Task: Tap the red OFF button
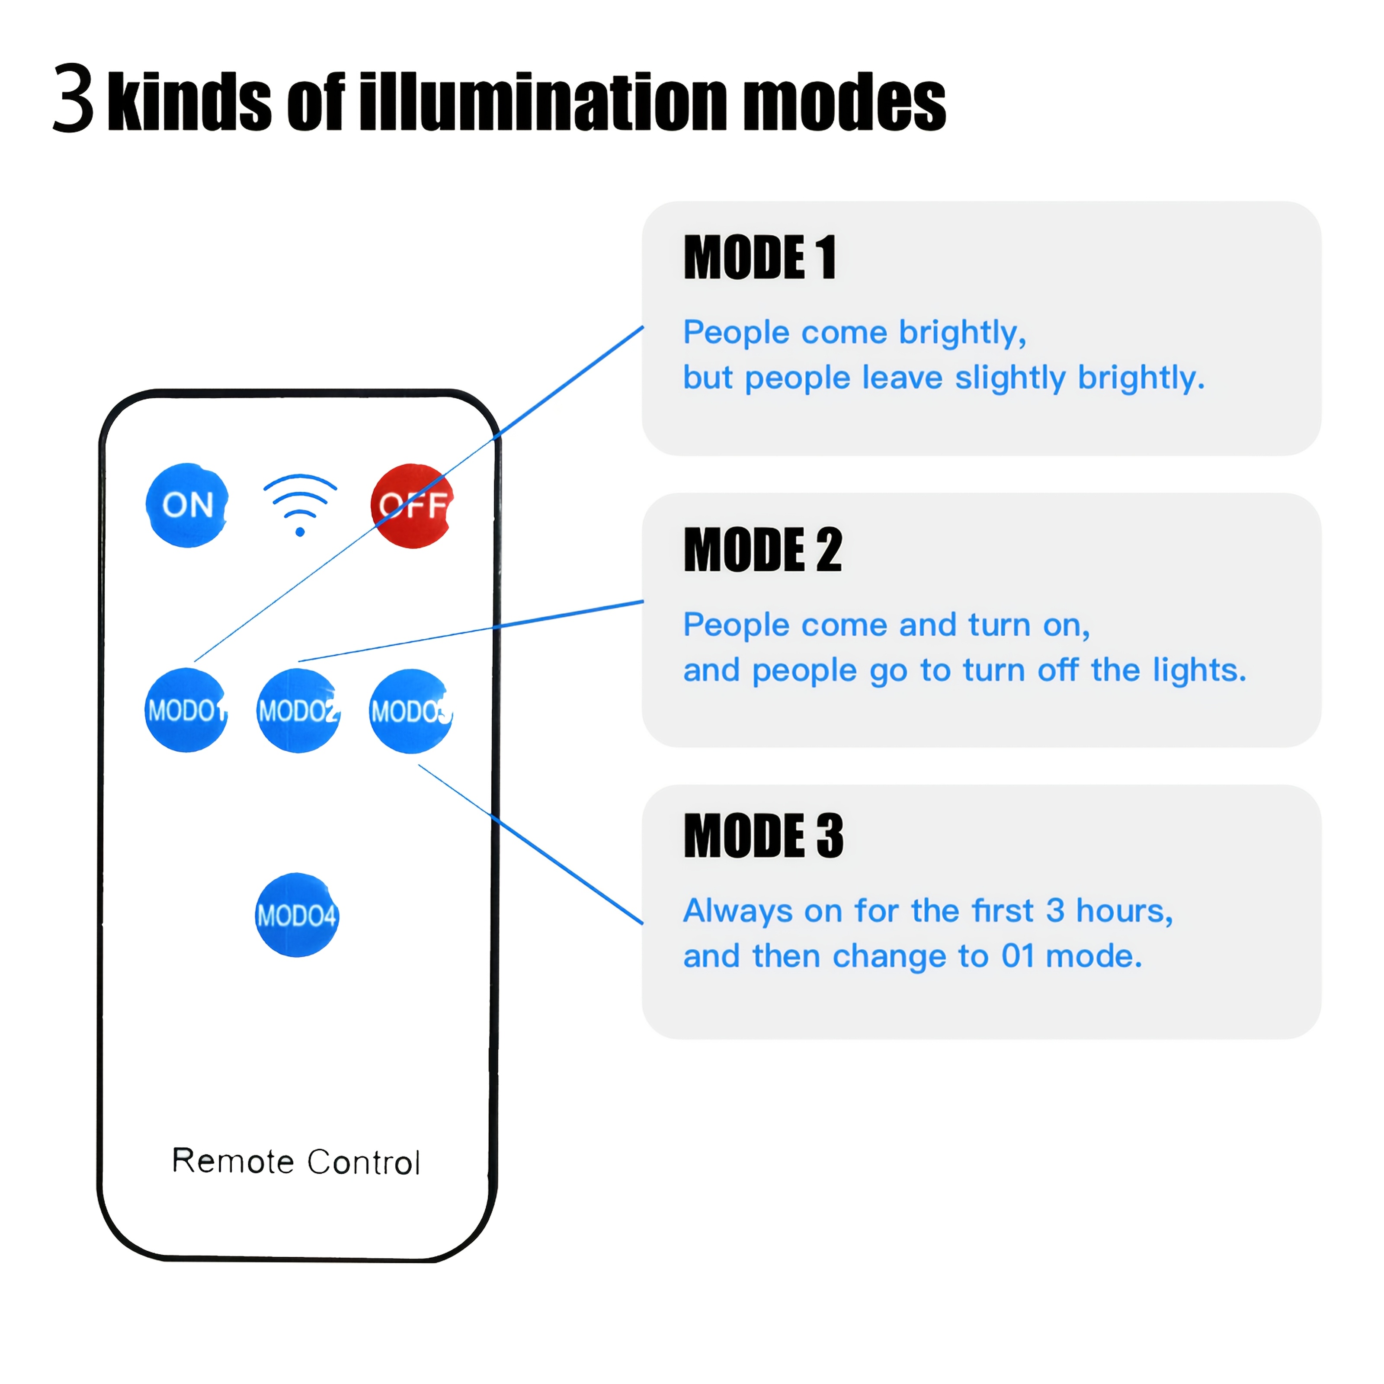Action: [x=412, y=506]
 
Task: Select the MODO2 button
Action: [x=298, y=711]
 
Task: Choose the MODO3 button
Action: [x=410, y=711]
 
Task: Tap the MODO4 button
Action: [x=297, y=915]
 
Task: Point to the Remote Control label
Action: [x=296, y=1161]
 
